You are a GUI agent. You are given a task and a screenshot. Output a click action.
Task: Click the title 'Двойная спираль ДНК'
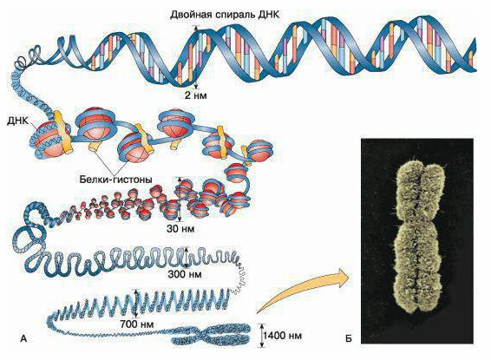click(225, 15)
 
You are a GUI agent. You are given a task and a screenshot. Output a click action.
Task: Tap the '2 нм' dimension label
click(196, 95)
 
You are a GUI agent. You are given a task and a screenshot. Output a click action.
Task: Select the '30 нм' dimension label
click(180, 229)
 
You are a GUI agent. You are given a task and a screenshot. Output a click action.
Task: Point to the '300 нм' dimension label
click(185, 274)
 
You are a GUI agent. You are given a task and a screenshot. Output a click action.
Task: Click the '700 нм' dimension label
click(137, 324)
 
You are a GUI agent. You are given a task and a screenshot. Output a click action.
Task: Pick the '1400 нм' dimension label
click(283, 336)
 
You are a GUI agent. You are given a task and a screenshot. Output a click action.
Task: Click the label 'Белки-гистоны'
click(116, 180)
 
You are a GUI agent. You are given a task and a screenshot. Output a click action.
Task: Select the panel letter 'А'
click(23, 338)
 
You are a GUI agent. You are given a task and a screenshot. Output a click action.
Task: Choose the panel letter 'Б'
click(349, 338)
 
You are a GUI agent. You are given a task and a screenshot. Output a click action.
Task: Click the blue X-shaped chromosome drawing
click(211, 335)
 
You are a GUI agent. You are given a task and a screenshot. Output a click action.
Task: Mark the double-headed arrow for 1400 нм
click(262, 335)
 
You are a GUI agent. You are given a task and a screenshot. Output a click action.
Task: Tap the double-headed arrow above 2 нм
click(196, 57)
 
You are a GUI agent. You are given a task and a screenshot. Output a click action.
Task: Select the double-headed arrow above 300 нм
click(187, 258)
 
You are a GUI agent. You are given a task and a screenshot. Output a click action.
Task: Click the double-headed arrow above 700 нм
click(136, 303)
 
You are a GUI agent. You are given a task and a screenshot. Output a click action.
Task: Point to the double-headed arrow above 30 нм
click(180, 200)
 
